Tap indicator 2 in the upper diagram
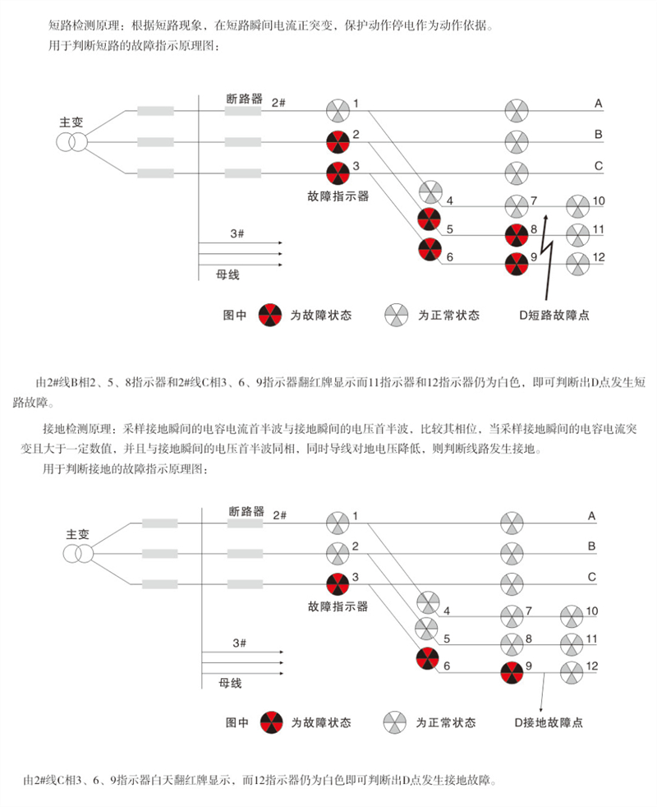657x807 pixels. click(x=338, y=141)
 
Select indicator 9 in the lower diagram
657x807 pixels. click(x=512, y=671)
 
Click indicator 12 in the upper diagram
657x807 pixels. click(x=577, y=264)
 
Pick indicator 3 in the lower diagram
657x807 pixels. click(x=338, y=583)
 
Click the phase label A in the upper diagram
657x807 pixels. click(x=599, y=104)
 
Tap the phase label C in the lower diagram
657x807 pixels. click(x=591, y=577)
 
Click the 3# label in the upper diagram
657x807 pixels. click(x=237, y=234)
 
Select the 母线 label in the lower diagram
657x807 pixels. click(x=230, y=683)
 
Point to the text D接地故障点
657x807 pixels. click(x=549, y=722)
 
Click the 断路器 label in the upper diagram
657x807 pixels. click(x=245, y=99)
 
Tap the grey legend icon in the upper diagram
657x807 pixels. click(x=396, y=314)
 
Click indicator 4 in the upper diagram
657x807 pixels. click(x=430, y=192)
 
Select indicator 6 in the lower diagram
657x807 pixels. click(x=428, y=659)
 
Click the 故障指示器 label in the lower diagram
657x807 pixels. click(x=338, y=606)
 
